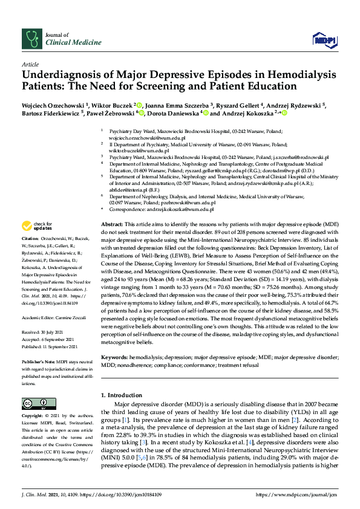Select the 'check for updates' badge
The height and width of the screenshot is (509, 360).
coord(36,226)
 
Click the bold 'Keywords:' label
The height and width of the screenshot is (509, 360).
coord(115,358)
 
